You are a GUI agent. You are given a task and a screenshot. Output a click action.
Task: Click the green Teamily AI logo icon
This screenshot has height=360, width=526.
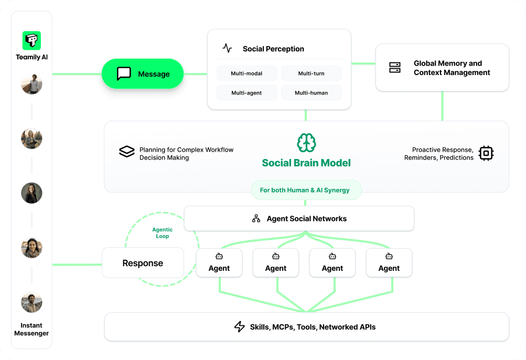pos(31,40)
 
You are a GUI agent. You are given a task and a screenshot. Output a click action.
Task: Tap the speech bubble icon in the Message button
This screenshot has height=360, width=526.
pos(124,73)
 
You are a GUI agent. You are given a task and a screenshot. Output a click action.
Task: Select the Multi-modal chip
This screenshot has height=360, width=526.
pos(246,73)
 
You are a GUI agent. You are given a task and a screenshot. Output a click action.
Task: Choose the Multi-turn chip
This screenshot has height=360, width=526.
pos(311,73)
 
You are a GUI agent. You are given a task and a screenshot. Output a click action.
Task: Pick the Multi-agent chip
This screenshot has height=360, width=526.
pos(246,93)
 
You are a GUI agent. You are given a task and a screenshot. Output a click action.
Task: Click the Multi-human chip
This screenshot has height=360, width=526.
pos(311,93)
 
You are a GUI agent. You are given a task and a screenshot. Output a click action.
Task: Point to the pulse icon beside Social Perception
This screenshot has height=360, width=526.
pos(227,48)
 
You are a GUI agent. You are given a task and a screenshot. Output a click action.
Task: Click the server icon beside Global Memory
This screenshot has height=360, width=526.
pos(395,68)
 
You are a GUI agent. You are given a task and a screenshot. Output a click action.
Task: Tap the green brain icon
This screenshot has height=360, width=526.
pos(306,143)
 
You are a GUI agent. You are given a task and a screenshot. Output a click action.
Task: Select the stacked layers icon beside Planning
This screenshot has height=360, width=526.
pos(127,152)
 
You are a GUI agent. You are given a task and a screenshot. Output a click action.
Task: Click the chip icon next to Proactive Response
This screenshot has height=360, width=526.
pos(486,153)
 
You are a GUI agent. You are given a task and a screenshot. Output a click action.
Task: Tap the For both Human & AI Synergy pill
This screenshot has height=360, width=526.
pos(305,190)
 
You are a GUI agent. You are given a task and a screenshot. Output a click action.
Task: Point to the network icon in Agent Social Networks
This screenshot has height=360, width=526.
pos(256,219)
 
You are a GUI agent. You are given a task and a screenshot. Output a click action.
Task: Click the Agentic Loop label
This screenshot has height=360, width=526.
pos(162,233)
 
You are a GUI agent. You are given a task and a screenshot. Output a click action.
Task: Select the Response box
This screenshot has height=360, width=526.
pos(143,263)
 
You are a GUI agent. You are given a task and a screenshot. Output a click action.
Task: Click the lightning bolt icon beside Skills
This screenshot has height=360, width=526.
pos(239,327)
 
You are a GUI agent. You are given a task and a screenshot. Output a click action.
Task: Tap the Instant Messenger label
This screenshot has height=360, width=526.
pos(31,329)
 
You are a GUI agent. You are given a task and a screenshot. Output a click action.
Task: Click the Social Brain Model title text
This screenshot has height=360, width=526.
pos(306,163)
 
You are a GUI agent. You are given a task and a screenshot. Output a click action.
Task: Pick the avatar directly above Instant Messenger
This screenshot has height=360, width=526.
pos(31,303)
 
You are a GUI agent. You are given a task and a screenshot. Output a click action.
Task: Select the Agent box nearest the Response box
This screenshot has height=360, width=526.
pos(219,263)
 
